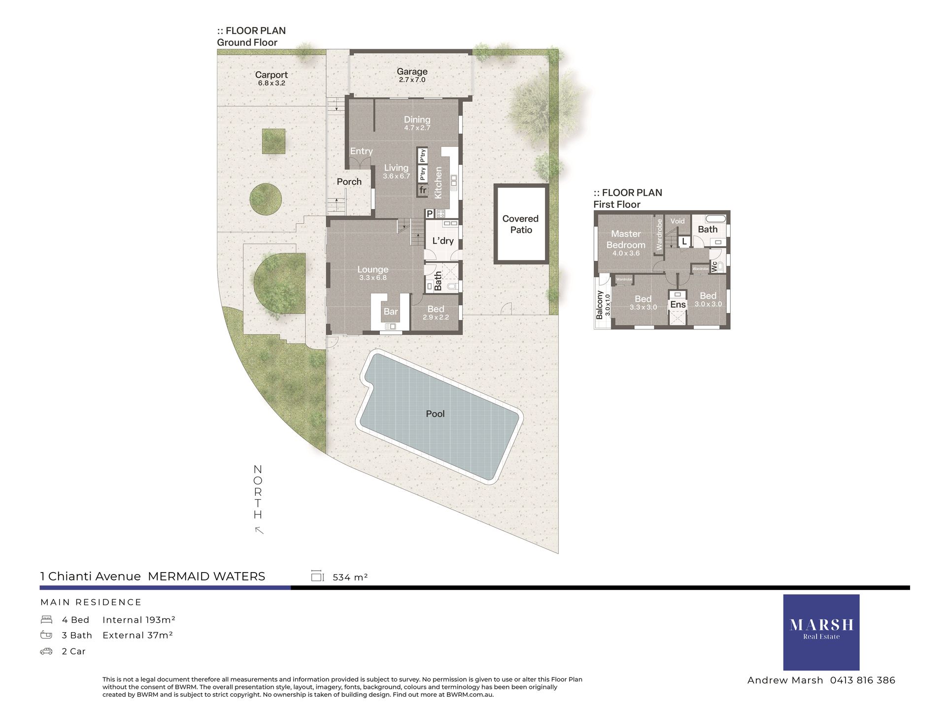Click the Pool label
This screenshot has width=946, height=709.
(x=435, y=414)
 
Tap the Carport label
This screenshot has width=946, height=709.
(x=271, y=75)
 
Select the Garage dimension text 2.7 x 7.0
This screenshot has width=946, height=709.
(x=412, y=80)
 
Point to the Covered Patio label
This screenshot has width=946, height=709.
(x=521, y=224)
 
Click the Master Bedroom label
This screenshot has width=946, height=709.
(x=626, y=239)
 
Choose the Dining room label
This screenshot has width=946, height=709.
(x=417, y=120)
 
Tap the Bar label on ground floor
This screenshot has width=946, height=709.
(x=391, y=311)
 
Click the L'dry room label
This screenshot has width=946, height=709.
(x=443, y=241)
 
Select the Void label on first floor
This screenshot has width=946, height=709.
(x=677, y=221)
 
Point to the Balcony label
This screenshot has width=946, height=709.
(x=600, y=305)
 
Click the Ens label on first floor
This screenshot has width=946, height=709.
(x=678, y=305)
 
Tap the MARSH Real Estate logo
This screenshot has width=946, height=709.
(x=821, y=632)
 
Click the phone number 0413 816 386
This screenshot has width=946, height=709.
(x=863, y=680)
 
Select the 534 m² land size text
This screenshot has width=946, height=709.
(x=350, y=577)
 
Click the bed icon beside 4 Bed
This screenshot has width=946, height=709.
(x=46, y=619)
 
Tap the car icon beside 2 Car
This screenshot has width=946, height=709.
(x=46, y=651)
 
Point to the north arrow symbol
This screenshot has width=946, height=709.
(x=259, y=530)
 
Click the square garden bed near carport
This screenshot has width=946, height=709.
(x=273, y=141)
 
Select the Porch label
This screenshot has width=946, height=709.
(x=349, y=182)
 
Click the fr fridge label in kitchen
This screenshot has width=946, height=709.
(x=423, y=190)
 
